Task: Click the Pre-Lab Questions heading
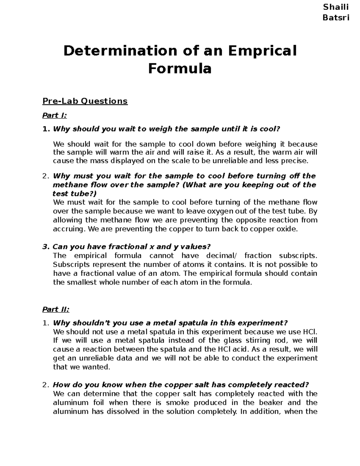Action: click(x=85, y=101)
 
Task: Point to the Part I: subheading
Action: click(x=55, y=116)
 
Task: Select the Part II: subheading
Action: click(x=56, y=309)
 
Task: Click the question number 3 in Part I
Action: click(x=45, y=247)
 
